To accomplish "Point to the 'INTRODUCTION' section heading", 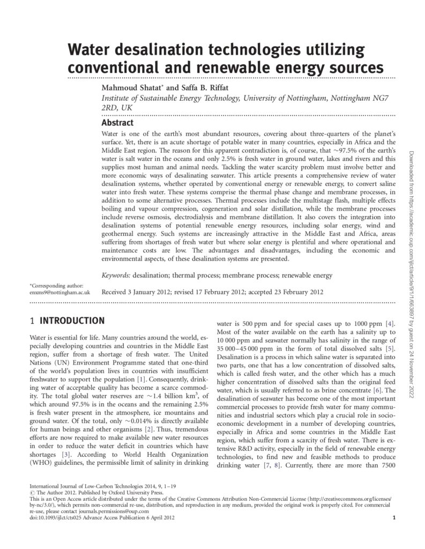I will (72, 321).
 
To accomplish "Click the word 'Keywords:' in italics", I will (116, 276).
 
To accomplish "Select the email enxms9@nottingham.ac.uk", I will (59, 293).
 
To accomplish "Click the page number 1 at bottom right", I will (394, 518).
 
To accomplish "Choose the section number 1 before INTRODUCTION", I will (33, 321).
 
